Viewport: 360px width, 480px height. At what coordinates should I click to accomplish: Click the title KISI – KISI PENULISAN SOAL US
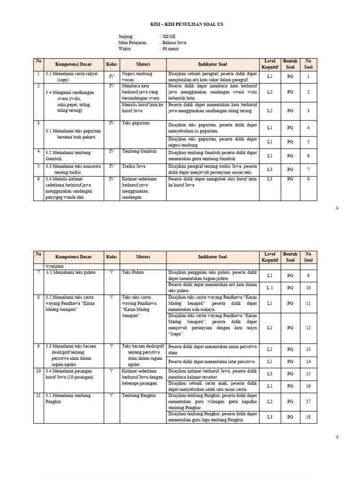[180, 23]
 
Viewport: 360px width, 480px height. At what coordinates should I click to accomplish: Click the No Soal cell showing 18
[308, 417]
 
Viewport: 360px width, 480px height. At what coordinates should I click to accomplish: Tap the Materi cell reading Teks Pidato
[133, 272]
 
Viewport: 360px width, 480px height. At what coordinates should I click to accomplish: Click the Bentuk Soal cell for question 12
[290, 328]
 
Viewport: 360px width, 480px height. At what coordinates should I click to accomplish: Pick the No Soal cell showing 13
[308, 350]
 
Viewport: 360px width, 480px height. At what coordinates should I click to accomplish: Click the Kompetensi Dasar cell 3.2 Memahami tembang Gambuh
[68, 155]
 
